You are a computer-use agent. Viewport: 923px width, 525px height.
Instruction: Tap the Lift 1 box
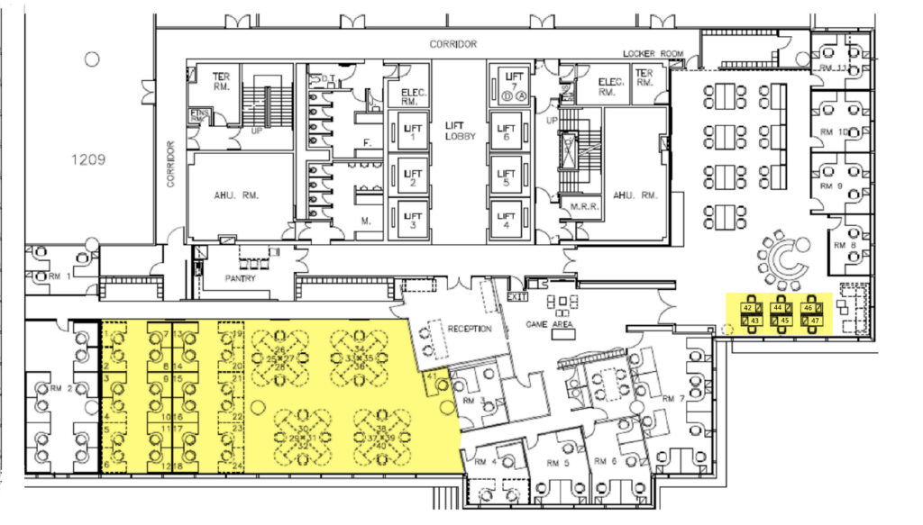(414, 133)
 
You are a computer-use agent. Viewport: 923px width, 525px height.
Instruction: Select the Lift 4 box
(507, 218)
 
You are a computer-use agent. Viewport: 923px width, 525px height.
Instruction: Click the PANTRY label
(242, 279)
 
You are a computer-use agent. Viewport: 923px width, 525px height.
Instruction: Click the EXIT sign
(517, 296)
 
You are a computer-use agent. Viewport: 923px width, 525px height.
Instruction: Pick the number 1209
(88, 159)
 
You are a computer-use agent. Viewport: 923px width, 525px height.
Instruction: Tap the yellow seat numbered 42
(747, 308)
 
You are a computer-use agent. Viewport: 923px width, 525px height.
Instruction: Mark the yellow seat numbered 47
(815, 321)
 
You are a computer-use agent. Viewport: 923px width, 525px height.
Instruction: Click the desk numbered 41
(433, 376)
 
